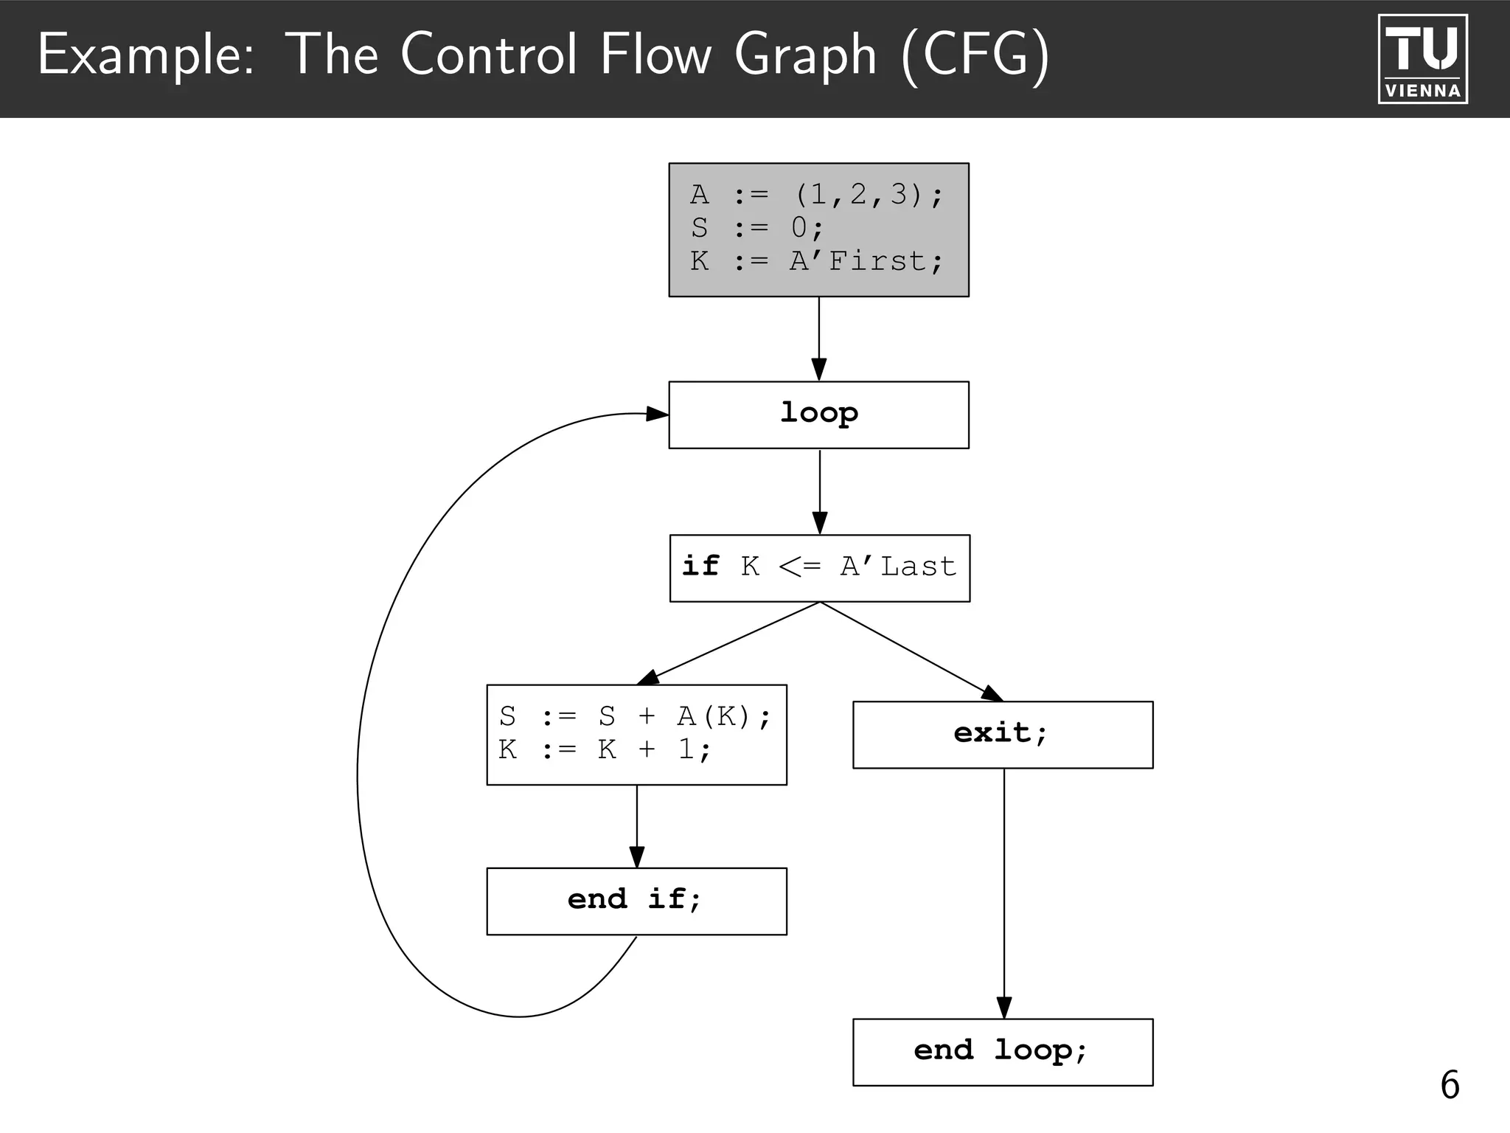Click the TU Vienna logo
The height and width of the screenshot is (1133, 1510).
click(1422, 59)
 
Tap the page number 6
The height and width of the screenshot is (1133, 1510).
click(1450, 1085)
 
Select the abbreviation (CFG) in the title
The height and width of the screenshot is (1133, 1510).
click(975, 55)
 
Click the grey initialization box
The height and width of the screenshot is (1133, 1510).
click(818, 229)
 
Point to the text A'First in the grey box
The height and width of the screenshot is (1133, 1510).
click(866, 261)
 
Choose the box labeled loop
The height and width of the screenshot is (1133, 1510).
click(818, 415)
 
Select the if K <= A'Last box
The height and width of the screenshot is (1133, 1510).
click(819, 568)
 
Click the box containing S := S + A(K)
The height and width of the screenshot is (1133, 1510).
click(636, 735)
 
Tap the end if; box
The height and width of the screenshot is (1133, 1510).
click(636, 901)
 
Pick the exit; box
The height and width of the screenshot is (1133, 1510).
click(1003, 735)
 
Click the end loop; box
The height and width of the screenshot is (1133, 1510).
click(1003, 1052)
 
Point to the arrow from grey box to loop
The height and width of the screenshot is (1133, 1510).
click(818, 339)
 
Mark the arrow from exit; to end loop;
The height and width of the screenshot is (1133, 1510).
click(1003, 893)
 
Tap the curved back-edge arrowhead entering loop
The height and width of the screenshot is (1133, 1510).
click(657, 414)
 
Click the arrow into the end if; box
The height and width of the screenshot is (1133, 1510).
click(637, 827)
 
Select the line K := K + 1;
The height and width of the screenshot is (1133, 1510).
click(605, 750)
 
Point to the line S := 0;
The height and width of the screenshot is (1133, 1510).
click(756, 228)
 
